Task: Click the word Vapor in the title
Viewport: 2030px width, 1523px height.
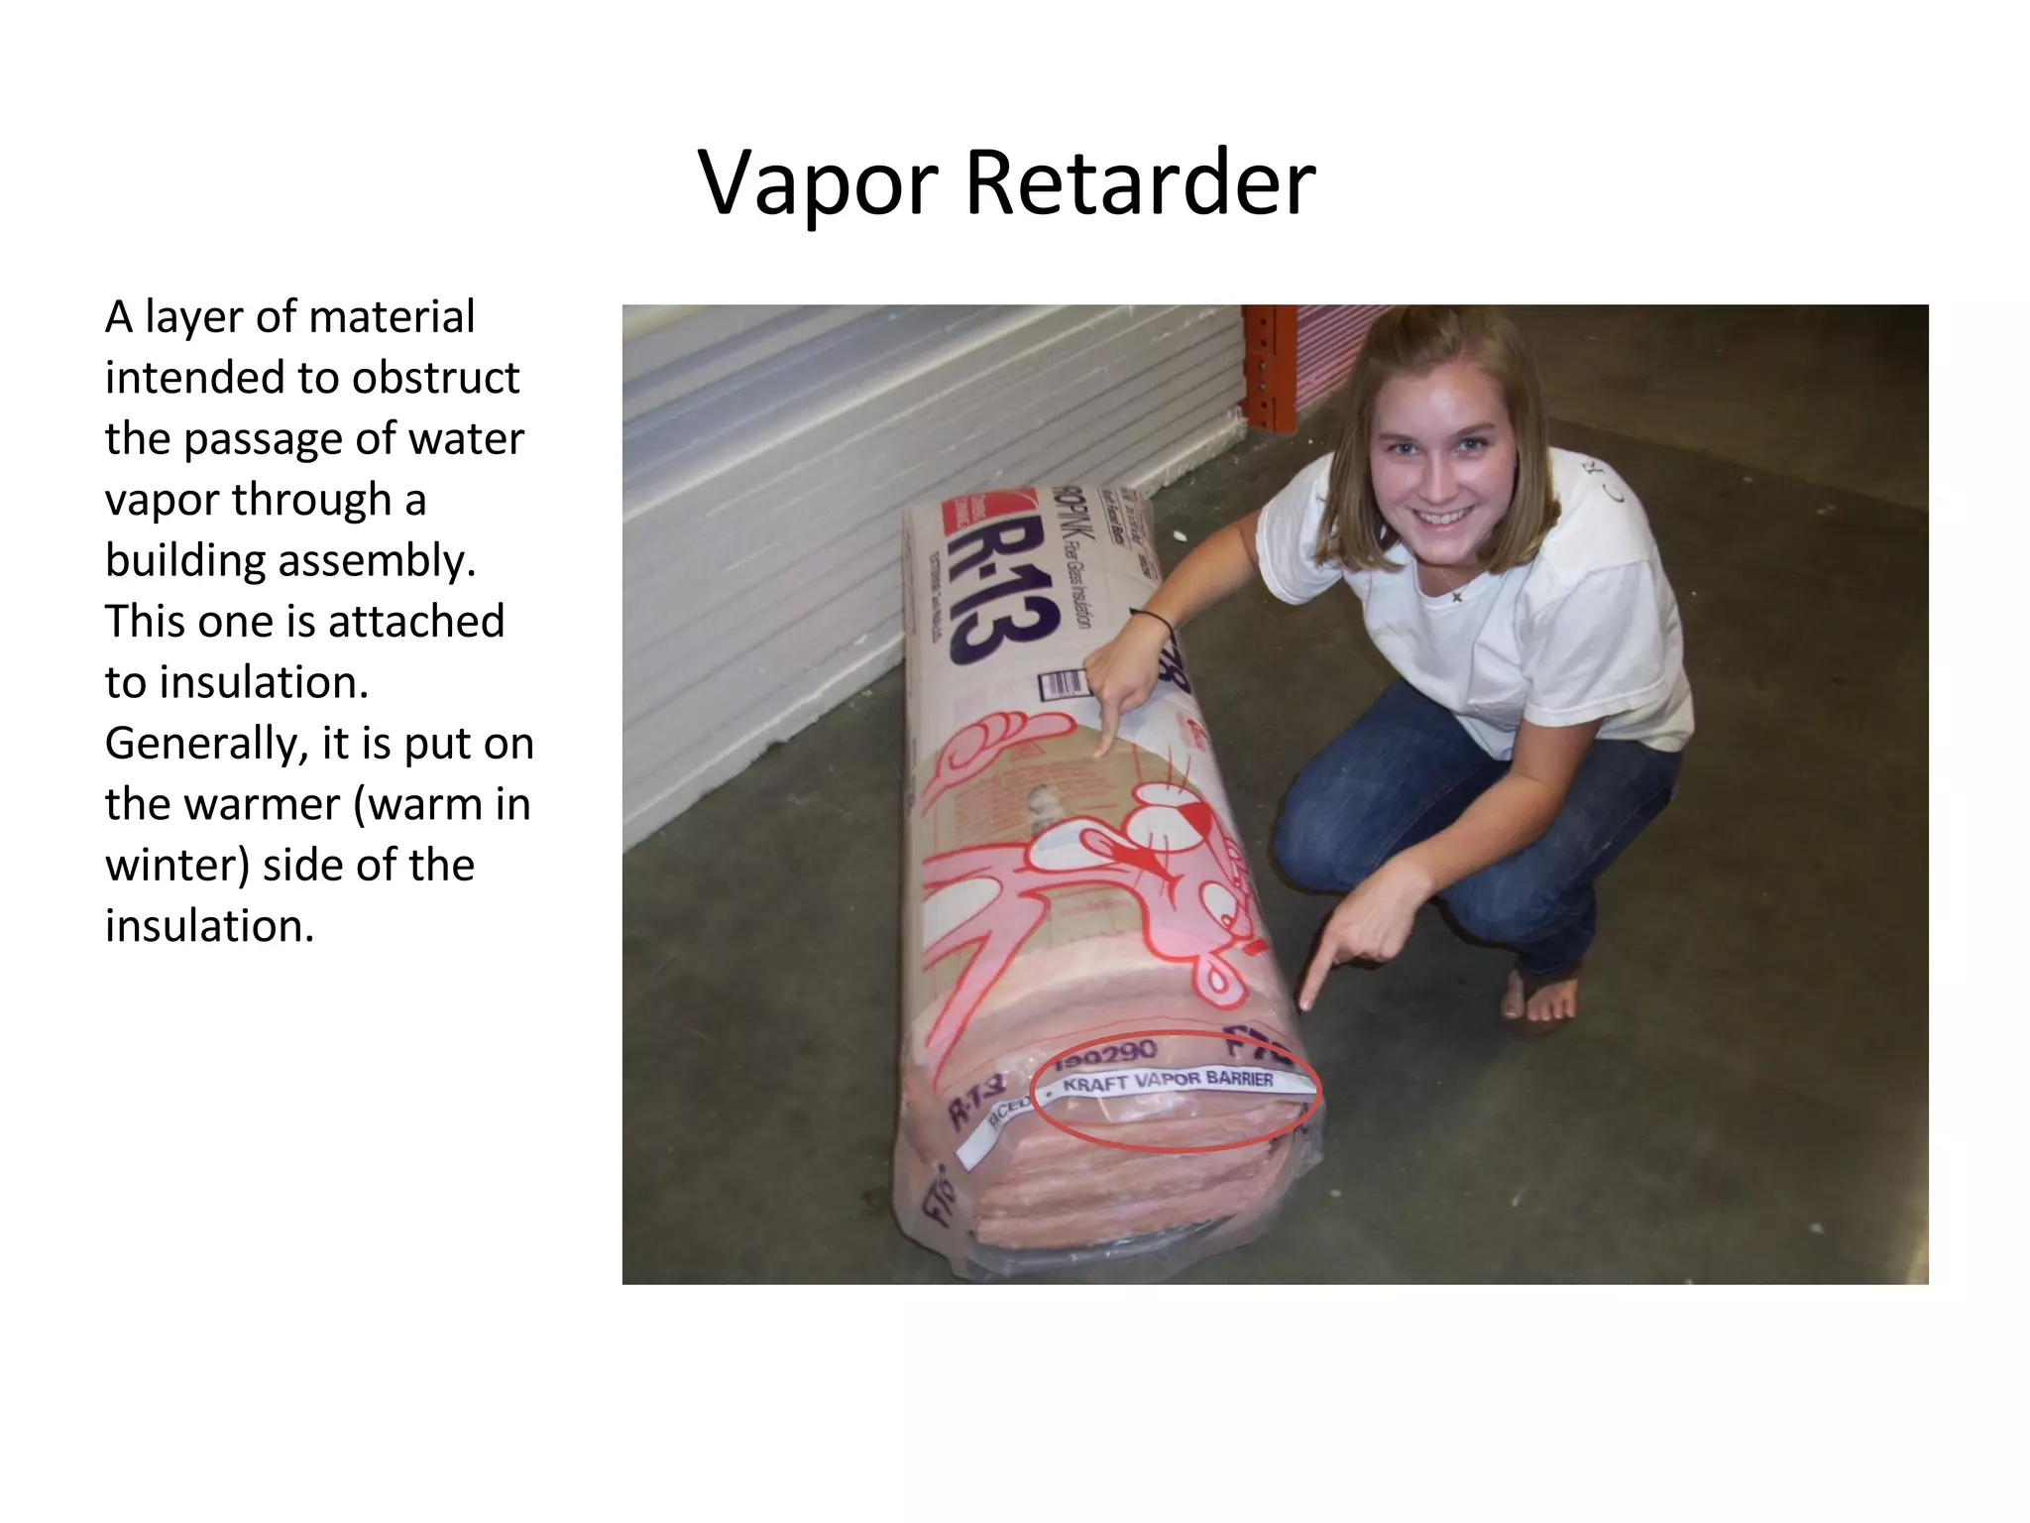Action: click(819, 184)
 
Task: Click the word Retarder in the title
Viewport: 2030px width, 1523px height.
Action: click(1140, 182)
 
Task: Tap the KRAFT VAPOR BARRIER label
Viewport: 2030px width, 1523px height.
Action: click(1168, 1080)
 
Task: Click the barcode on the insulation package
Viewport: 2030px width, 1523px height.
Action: click(1064, 683)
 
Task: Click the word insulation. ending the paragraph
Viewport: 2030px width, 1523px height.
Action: click(209, 926)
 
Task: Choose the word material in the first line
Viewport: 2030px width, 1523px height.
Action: click(392, 317)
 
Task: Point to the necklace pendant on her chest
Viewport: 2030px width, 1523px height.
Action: click(1457, 597)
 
